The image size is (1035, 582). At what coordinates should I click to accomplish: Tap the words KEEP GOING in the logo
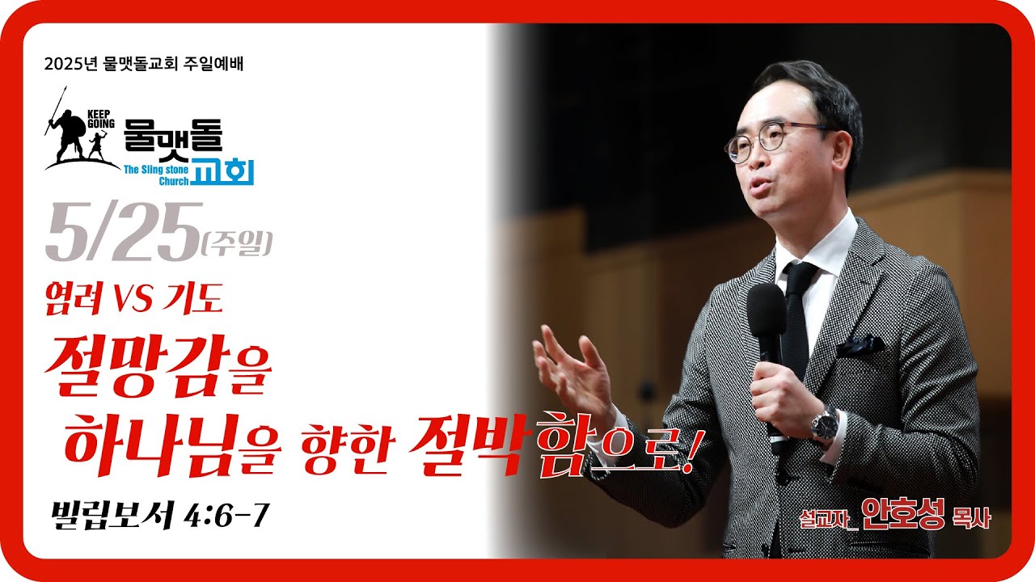pyautogui.click(x=101, y=119)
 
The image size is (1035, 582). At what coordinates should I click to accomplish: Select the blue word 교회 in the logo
pyautogui.click(x=224, y=171)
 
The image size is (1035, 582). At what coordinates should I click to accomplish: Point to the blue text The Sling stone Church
pyautogui.click(x=156, y=175)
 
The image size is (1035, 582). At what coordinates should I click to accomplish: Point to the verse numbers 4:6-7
pyautogui.click(x=226, y=515)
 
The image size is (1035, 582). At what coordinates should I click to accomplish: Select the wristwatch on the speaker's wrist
pyautogui.click(x=824, y=425)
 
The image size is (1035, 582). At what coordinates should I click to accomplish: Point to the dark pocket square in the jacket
pyautogui.click(x=860, y=345)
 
